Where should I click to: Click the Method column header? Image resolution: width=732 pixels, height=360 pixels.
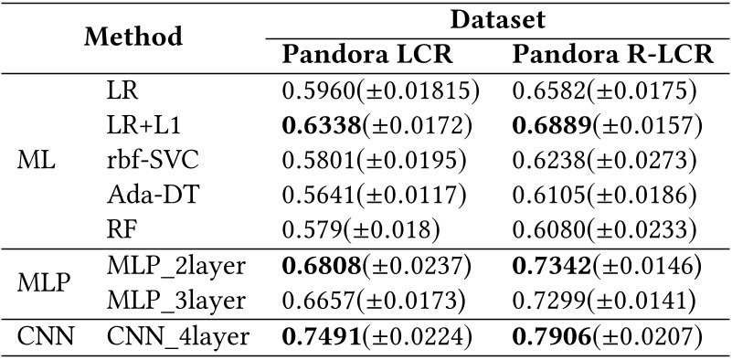133,37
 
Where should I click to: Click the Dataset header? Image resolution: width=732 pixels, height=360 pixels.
498,20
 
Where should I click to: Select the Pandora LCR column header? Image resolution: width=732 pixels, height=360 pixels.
367,56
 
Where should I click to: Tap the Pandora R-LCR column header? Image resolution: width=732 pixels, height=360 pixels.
613,56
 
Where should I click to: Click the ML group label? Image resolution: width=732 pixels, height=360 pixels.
36,161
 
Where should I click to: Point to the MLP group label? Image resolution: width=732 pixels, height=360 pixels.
44,284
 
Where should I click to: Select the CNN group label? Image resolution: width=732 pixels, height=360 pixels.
46,337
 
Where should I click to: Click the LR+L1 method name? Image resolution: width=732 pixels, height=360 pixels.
143,126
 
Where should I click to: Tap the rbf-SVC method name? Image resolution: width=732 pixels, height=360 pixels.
153,161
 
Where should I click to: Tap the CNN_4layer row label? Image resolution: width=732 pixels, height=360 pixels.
178,337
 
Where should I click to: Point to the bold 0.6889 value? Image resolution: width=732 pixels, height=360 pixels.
552,126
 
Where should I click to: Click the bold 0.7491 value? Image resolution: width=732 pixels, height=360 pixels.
322,337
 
